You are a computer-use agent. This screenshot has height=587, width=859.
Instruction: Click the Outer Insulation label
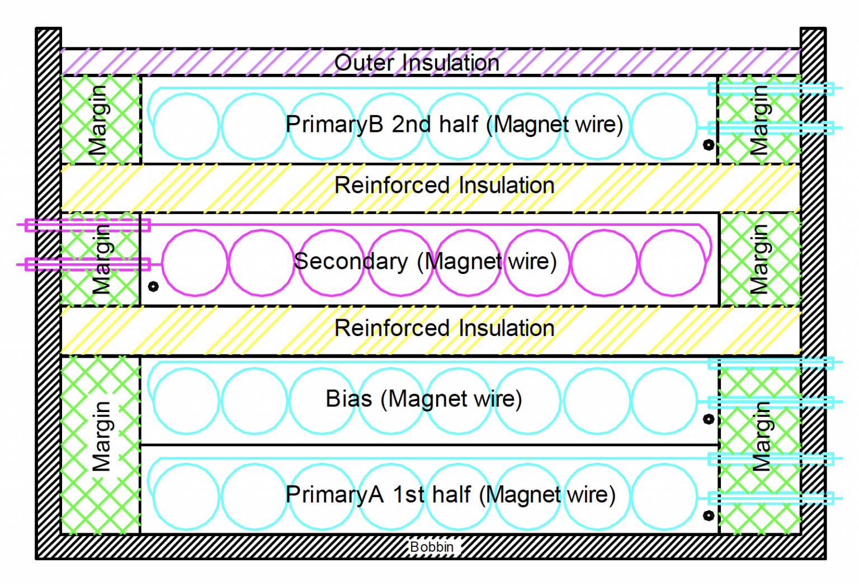coord(417,63)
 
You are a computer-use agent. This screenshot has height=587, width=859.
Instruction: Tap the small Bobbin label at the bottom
coord(431,547)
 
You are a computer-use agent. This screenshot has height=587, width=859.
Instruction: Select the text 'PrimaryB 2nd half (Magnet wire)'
coord(454,124)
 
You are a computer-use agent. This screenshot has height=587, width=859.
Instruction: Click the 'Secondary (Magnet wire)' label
coord(425,261)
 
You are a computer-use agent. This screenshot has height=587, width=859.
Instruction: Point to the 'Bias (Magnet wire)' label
coord(423,399)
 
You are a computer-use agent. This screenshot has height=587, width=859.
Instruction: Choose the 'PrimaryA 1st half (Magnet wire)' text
coord(450,495)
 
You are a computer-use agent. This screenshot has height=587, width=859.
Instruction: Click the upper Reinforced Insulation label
coord(444,185)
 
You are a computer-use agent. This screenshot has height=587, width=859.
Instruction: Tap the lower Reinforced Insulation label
coord(444,328)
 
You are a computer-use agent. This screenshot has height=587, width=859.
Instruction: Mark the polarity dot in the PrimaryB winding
coord(709,145)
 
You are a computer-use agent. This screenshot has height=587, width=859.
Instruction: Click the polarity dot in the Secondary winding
coord(153,286)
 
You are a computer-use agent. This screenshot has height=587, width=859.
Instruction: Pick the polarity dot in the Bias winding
coord(709,419)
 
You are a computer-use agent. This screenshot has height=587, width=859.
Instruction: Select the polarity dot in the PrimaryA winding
coord(709,515)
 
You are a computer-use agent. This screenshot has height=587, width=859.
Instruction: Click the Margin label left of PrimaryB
coord(98,120)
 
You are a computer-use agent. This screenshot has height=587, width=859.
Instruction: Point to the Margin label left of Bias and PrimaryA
coord(101,436)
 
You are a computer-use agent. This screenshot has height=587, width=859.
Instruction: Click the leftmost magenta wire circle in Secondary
coord(195,263)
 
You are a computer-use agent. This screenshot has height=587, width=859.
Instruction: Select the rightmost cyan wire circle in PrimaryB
coord(664,126)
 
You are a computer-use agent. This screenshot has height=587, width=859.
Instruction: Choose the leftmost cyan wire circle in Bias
coord(186,401)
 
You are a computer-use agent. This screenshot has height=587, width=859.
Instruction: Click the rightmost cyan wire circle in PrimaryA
coord(664,497)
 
